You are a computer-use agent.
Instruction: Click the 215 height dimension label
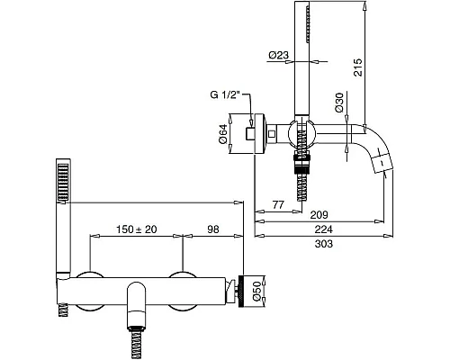pos(358,67)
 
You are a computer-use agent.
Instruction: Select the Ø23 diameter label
pos(279,55)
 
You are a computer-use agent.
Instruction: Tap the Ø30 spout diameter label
pos(339,103)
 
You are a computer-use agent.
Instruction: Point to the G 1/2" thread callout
pos(225,95)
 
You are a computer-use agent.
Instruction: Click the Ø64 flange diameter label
pos(223,134)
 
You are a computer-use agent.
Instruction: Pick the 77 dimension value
pos(278,204)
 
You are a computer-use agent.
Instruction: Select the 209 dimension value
pos(319,214)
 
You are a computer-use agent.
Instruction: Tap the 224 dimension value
pos(323,229)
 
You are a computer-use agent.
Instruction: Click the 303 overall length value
pos(323,244)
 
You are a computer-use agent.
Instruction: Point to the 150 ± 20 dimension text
pos(137,229)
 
